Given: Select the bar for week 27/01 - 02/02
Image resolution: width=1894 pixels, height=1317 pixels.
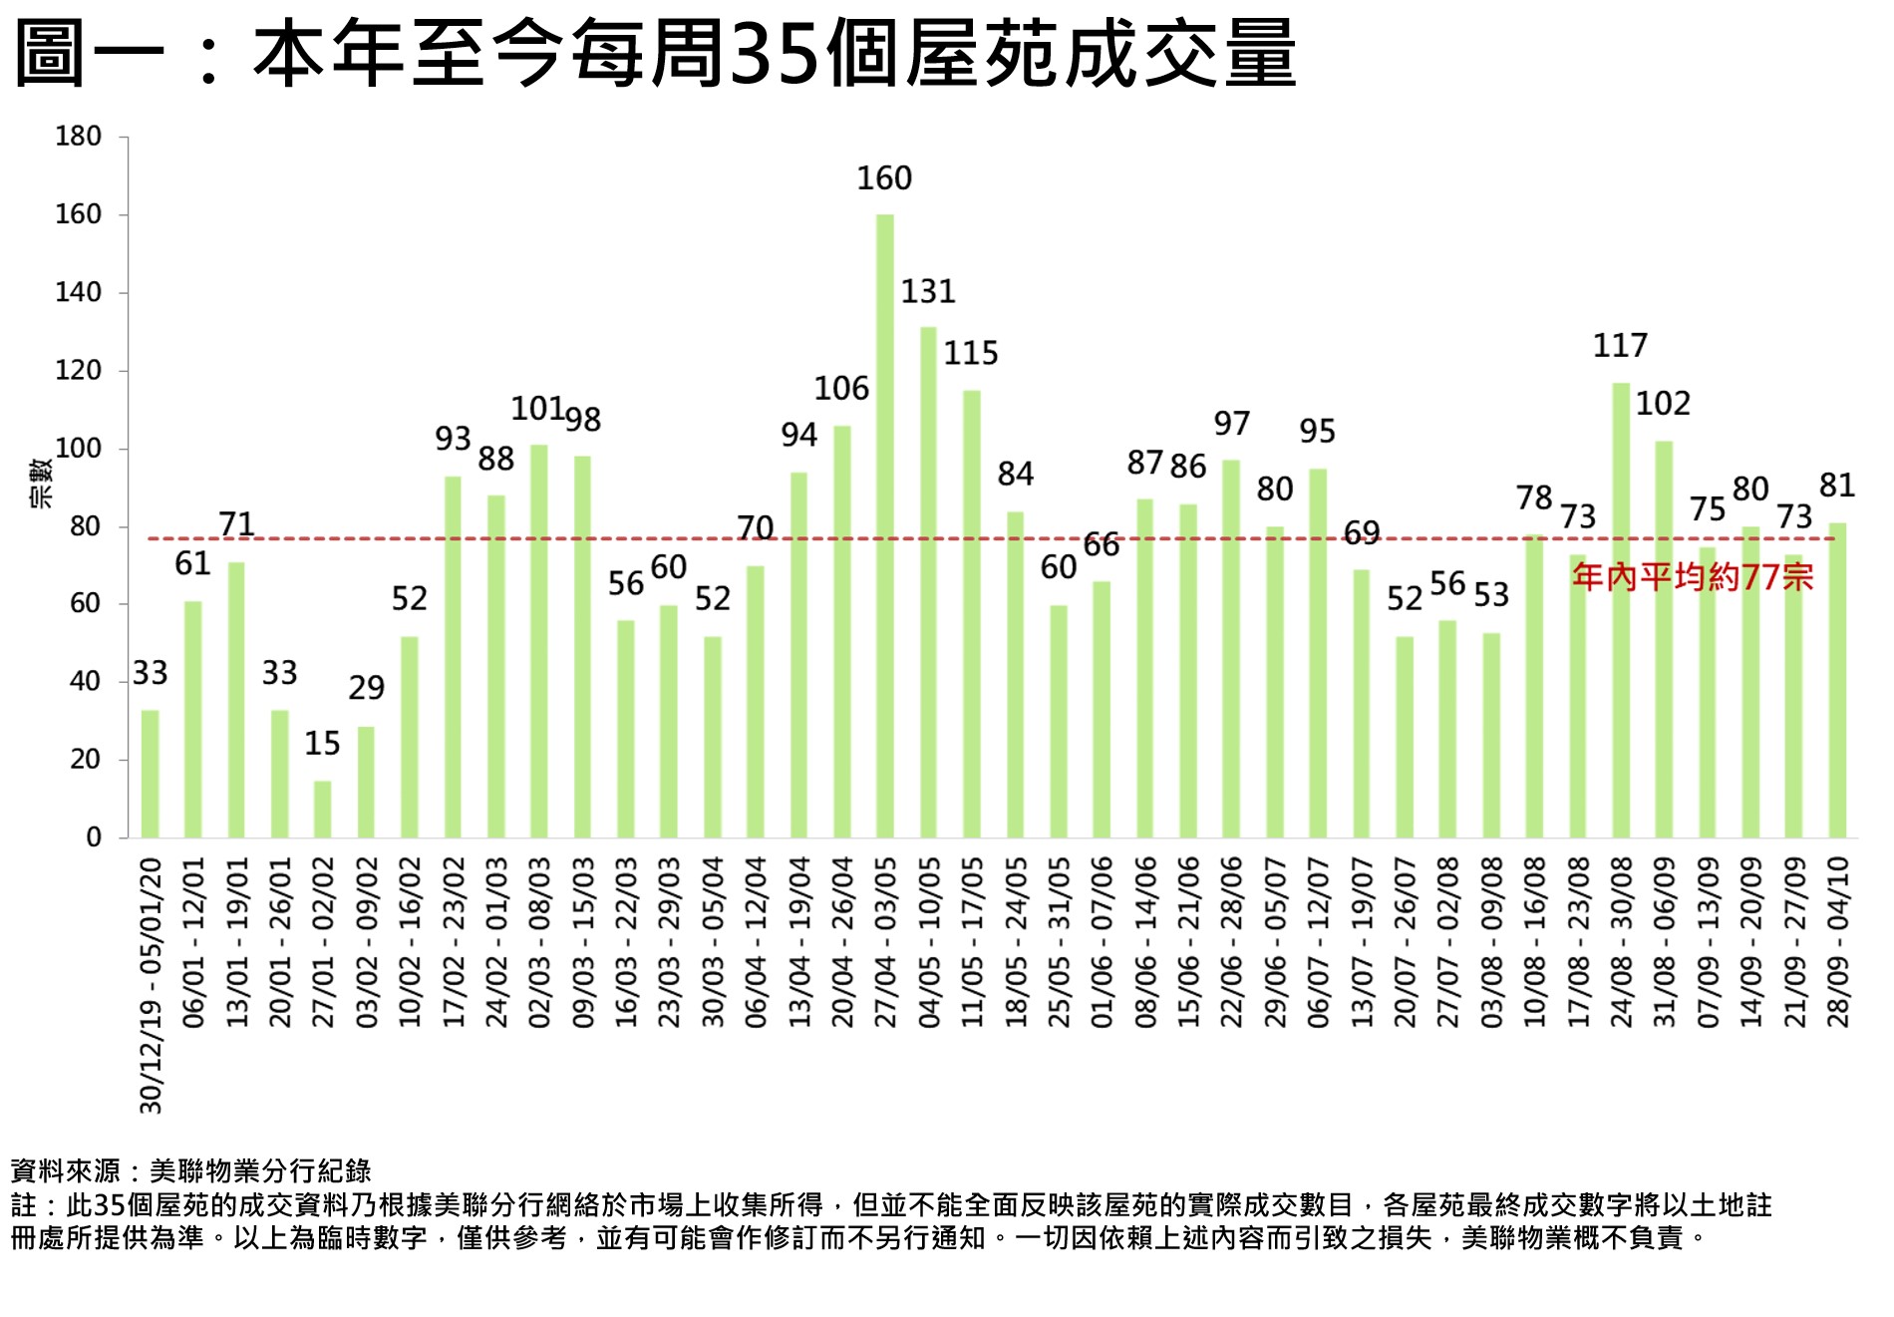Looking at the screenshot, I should [322, 809].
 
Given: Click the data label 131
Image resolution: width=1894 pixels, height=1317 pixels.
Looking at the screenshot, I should [928, 291].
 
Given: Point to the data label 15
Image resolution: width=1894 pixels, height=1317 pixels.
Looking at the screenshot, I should [322, 743].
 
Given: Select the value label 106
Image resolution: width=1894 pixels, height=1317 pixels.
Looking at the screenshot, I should [841, 388].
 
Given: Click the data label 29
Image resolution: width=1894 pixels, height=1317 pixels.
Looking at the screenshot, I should [366, 687].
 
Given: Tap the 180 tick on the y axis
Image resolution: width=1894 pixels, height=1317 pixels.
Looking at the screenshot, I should [78, 137].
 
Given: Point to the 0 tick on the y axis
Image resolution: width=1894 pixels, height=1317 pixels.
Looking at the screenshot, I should [94, 837].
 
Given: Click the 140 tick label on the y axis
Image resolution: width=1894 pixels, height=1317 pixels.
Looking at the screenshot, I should [78, 292].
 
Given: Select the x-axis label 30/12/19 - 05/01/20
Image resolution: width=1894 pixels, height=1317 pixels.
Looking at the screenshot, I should [151, 985].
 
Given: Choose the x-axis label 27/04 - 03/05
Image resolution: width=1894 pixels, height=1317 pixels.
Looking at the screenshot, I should [885, 941].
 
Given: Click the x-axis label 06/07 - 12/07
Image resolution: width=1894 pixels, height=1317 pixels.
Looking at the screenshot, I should [1318, 941].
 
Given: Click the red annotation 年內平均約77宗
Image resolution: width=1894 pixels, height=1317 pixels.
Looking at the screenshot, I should [1692, 576].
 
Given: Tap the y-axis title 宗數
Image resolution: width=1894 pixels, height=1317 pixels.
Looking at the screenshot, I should [42, 484].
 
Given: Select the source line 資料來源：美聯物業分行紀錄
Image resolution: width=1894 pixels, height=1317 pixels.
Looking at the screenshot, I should [190, 1170].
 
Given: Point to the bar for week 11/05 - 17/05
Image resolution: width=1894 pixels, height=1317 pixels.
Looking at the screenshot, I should [971, 613].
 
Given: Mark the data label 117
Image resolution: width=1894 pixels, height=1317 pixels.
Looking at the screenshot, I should [1620, 346].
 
